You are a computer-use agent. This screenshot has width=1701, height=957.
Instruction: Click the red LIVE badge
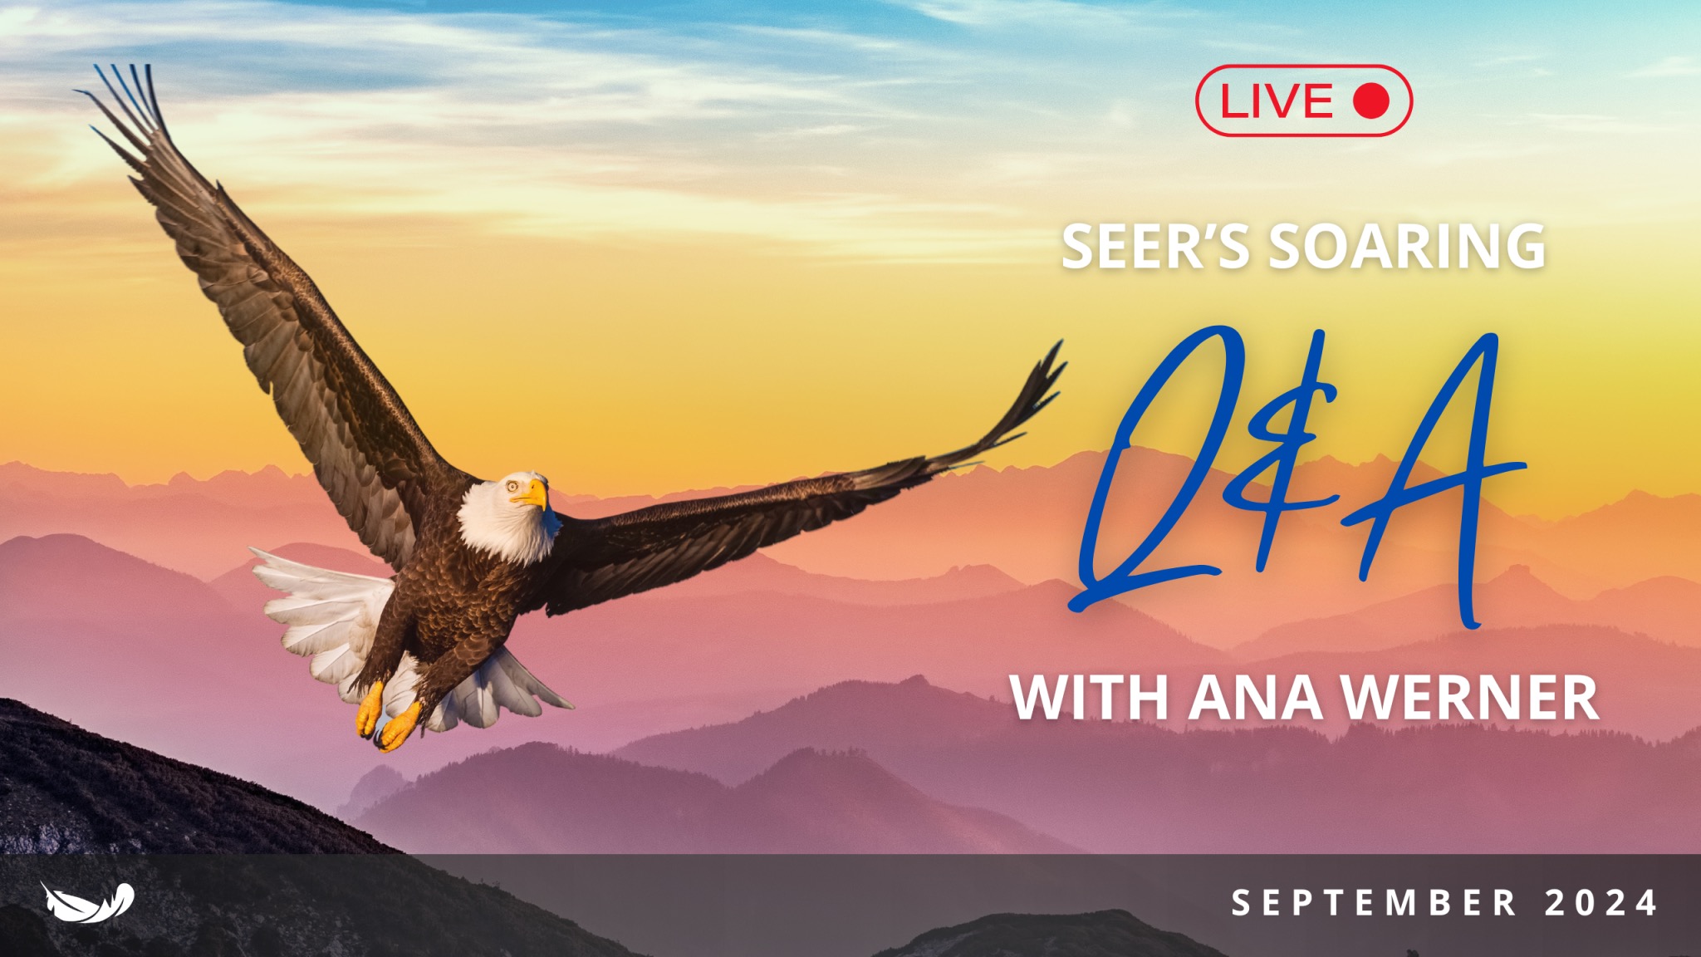[x=1303, y=101]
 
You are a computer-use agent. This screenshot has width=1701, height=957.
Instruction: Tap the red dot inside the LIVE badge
[x=1370, y=101]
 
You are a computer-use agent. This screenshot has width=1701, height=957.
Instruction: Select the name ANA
[x=1255, y=698]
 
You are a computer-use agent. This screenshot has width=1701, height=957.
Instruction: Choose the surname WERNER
[x=1470, y=698]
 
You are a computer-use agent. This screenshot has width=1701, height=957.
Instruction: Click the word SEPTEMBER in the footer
[x=1374, y=903]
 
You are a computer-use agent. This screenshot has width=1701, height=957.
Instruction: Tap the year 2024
[x=1601, y=903]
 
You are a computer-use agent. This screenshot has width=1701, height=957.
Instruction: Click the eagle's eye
[x=513, y=486]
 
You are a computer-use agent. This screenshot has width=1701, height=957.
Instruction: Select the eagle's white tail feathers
[x=324, y=615]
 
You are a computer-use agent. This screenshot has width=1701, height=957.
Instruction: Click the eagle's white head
[x=507, y=515]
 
